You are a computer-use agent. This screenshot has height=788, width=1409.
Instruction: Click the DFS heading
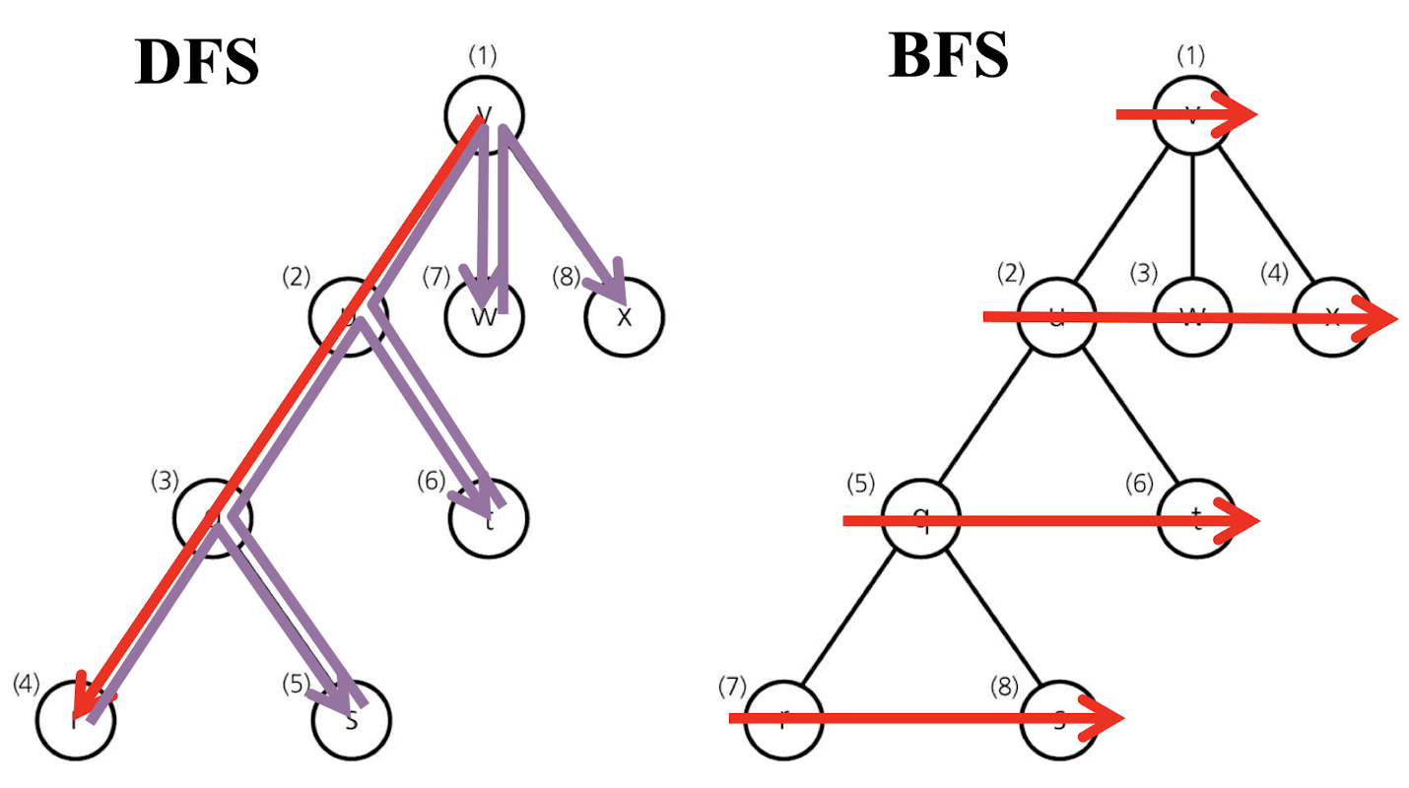(x=196, y=63)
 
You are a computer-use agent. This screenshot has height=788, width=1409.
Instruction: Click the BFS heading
(x=948, y=55)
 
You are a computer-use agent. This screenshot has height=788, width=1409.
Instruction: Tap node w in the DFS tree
(x=484, y=317)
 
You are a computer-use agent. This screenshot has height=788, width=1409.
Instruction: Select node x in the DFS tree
(x=624, y=317)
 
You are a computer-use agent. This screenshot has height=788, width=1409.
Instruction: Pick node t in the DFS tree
(x=489, y=518)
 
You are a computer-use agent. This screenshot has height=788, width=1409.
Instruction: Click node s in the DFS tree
(x=351, y=719)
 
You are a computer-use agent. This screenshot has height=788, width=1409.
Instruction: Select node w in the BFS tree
(x=1193, y=317)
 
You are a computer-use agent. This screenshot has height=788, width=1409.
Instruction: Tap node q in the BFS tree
(x=920, y=519)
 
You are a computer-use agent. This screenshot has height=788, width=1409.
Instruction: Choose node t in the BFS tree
(x=1196, y=519)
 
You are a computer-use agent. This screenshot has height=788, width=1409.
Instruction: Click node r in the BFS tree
(x=781, y=719)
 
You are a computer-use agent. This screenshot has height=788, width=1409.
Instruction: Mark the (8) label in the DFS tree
(x=568, y=278)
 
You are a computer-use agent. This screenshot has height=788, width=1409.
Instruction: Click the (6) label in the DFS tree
(x=432, y=481)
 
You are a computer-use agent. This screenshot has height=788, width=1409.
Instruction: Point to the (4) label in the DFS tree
(x=28, y=683)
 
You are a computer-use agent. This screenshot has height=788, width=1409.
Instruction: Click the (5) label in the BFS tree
(x=861, y=484)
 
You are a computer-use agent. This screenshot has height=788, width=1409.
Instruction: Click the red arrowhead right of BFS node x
(x=1379, y=318)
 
